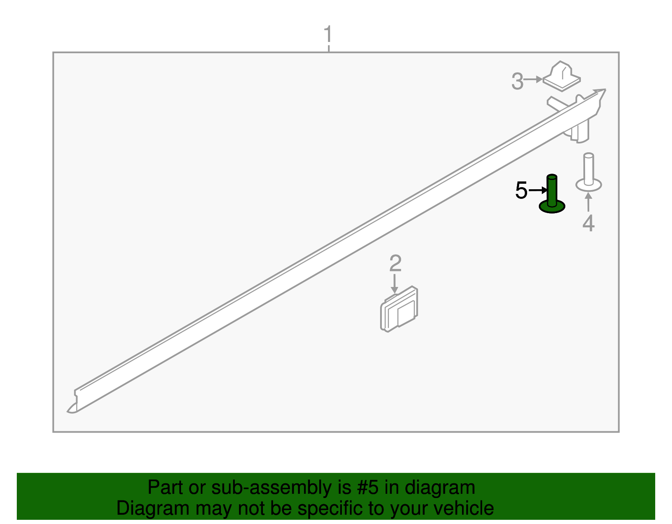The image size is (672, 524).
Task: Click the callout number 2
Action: pos(395,263)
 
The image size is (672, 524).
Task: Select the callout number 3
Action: pos(517,81)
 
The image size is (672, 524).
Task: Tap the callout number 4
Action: pos(588,223)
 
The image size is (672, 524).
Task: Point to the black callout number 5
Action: pos(521,191)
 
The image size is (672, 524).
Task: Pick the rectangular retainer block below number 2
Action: pos(399,310)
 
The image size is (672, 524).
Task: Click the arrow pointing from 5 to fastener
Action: pos(537,190)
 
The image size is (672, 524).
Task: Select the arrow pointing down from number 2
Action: pos(394,284)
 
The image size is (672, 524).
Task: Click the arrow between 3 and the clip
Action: pos(534,79)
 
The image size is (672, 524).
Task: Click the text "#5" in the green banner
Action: pos(368,488)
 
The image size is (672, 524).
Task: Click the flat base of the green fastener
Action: pos(552,206)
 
